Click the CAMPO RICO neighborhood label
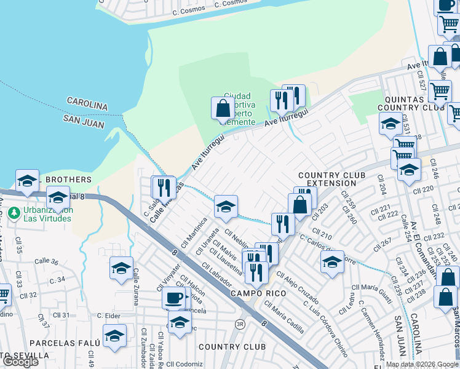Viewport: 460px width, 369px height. (x=258, y=293)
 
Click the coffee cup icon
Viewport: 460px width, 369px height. (x=173, y=298)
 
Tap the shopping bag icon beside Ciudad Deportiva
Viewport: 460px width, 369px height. (x=221, y=109)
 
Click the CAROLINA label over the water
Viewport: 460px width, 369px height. (x=87, y=104)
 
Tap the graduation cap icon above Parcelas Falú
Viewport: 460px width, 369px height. (x=114, y=336)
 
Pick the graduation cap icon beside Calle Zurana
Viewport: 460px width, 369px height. (x=121, y=268)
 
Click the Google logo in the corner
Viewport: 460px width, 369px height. (x=20, y=362)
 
